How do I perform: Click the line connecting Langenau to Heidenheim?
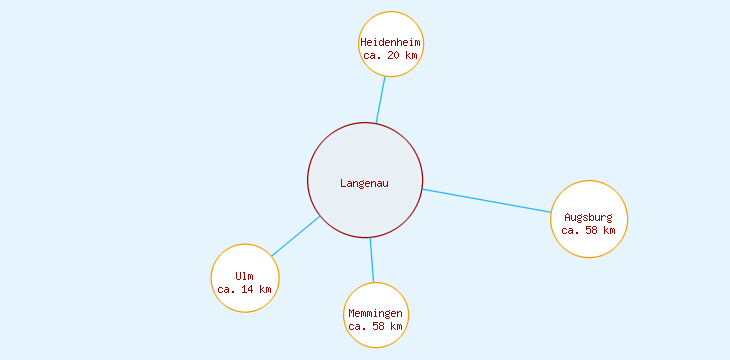pos(381,100)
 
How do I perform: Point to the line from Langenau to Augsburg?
pos(487,201)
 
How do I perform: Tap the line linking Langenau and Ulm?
pos(295,237)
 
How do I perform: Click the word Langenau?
pos(364,183)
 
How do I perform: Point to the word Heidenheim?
pos(391,42)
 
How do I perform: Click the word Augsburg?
pos(588,217)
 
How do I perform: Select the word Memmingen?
pos(375,314)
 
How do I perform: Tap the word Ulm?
pos(245,276)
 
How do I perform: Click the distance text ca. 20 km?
pos(390,55)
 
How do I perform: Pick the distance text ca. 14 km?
pos(244,289)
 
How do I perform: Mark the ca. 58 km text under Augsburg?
pos(588,230)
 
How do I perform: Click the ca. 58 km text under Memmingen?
pos(375,326)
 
